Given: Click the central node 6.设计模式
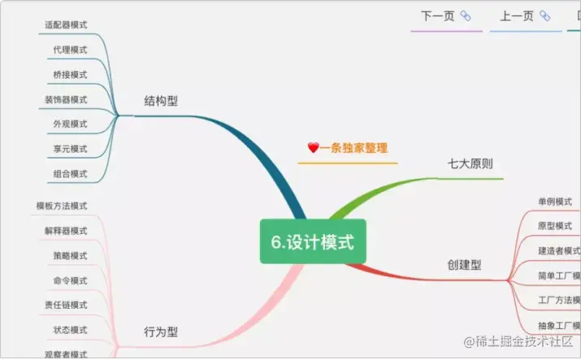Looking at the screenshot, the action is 313,241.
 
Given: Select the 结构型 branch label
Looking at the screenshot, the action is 161,101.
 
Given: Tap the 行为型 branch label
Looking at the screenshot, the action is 161,332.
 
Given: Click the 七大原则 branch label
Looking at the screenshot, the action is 470,163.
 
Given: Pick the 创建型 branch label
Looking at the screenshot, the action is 464,264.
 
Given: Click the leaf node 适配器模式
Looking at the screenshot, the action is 66,24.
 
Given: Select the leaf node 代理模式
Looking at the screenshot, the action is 70,50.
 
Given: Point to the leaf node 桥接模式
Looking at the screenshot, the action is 70,75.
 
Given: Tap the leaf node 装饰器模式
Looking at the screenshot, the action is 66,100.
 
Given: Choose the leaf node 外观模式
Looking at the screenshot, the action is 70,124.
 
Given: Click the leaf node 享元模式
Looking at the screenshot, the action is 70,150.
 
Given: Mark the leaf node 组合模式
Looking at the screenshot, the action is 70,174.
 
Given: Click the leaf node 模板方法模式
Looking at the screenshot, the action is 62,206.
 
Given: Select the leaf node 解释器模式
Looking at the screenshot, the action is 66,231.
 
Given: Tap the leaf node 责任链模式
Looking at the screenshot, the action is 66,306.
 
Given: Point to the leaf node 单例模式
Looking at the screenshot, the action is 555,202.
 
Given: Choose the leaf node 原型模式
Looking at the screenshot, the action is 555,225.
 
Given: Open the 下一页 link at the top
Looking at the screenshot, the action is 437,15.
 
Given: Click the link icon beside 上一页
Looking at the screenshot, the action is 545,15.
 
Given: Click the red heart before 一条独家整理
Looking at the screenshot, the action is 313,148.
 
